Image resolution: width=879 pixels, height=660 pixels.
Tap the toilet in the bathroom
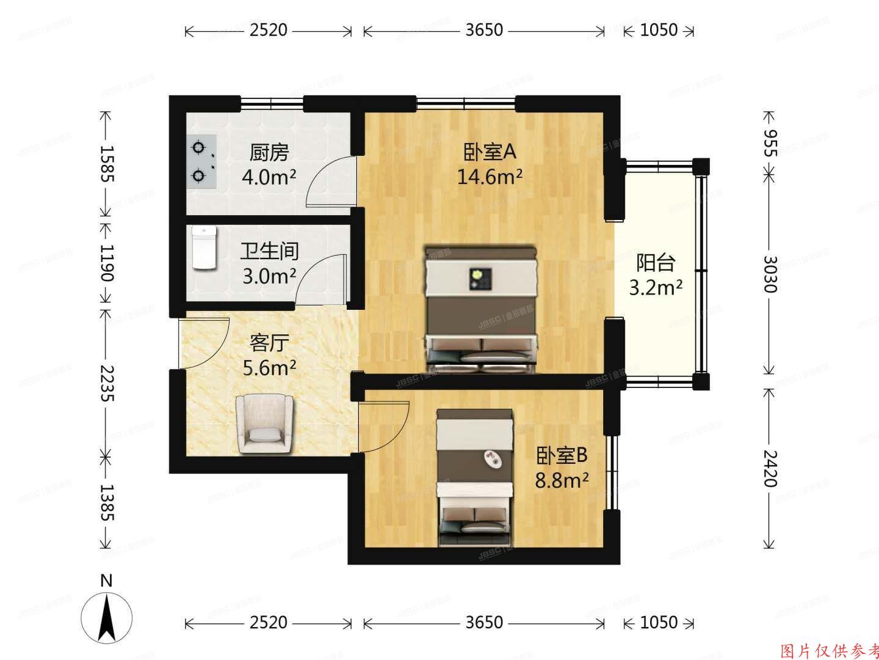204,248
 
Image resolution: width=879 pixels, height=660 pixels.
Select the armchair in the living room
264,423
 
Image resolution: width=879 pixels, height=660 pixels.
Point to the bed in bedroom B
474,477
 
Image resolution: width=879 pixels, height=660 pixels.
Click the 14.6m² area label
490,177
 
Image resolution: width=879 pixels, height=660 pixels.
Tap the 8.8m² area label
562,481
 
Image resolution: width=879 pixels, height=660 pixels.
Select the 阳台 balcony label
656,263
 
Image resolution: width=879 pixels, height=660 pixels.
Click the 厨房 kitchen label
269,152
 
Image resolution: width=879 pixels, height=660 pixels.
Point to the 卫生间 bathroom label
269,251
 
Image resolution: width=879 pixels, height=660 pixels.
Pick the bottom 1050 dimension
659,622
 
